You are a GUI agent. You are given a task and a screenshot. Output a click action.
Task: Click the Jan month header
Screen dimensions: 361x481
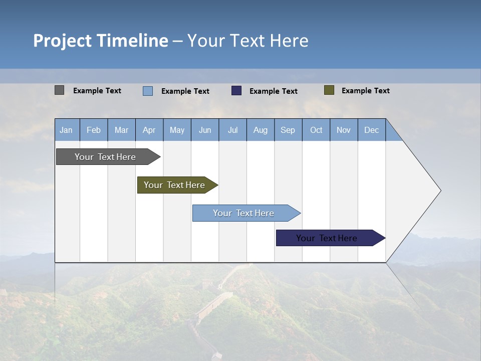coord(67,130)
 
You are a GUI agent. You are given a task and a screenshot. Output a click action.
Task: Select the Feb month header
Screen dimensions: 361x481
coord(94,130)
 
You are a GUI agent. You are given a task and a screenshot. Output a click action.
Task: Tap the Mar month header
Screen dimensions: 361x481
coord(121,130)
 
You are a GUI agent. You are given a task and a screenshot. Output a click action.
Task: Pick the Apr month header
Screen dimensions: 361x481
coord(149,130)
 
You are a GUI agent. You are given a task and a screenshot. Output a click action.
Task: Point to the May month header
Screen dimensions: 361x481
coord(177,130)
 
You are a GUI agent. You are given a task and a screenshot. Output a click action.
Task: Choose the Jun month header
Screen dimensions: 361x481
coord(205,130)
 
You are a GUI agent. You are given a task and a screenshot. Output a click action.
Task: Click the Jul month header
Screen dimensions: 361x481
coord(232,130)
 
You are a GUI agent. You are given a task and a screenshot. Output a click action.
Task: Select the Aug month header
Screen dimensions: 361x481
coord(261,130)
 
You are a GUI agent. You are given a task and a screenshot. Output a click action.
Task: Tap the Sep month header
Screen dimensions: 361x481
coord(288,130)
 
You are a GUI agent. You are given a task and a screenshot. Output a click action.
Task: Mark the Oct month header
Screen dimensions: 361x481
coord(316,130)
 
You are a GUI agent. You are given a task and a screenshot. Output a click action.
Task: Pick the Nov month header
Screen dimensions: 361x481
coord(344,130)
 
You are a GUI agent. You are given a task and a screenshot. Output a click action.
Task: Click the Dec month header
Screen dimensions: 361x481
coord(372,130)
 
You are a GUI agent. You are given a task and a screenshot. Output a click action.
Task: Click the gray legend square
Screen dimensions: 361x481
coord(59,90)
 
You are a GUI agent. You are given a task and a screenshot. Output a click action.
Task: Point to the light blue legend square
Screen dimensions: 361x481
coord(148,91)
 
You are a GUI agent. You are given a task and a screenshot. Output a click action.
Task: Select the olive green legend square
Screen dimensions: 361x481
coord(329,90)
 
